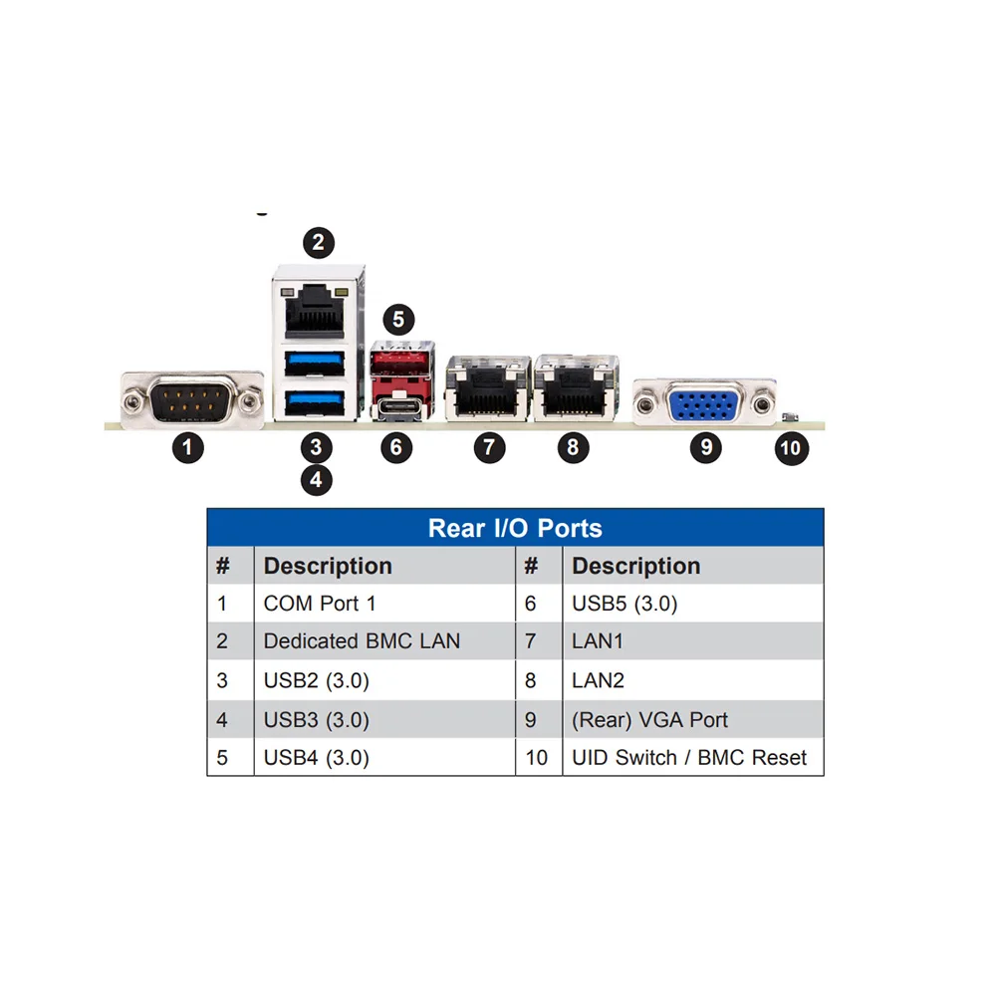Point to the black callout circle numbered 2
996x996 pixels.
point(318,241)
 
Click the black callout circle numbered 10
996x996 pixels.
point(790,448)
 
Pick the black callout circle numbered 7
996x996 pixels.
point(488,447)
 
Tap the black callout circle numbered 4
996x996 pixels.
point(316,480)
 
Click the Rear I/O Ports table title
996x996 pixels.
point(515,527)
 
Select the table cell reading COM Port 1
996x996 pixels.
point(320,604)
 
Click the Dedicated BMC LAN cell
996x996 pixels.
point(362,641)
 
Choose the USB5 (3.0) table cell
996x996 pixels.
point(624,604)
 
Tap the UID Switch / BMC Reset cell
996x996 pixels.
point(689,757)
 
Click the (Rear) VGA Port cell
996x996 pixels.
point(649,719)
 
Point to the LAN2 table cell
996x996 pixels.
point(597,680)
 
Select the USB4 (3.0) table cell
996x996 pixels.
point(316,757)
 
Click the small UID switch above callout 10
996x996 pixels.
point(790,417)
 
